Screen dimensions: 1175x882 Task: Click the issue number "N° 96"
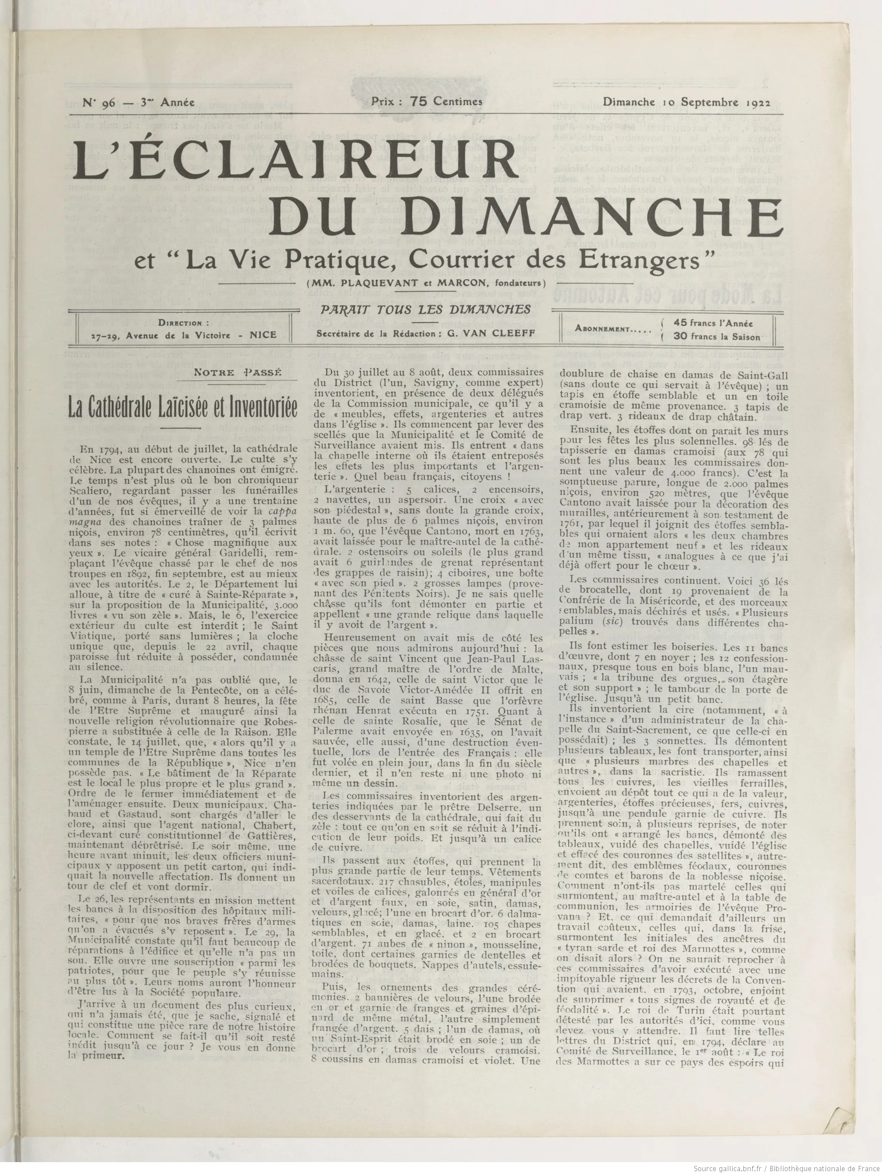coord(96,103)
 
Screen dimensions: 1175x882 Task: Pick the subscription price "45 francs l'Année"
coord(713,322)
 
